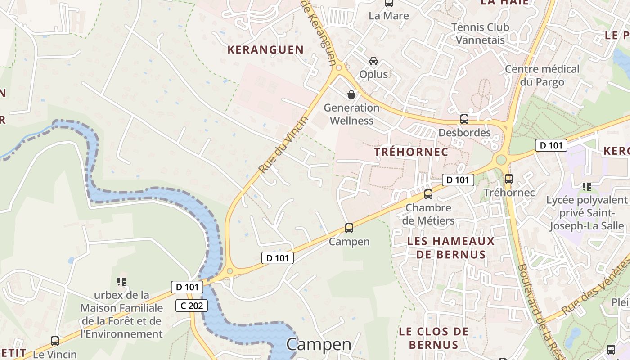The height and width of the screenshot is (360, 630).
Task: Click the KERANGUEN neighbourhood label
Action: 265,50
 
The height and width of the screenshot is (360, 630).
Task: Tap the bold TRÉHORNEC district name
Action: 411,152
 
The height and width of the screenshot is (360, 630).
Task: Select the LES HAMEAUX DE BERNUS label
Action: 450,247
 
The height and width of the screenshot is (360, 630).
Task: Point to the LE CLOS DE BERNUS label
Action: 434,338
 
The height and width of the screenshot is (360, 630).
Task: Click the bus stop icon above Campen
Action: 349,228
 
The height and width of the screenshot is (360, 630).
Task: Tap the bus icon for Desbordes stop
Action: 464,119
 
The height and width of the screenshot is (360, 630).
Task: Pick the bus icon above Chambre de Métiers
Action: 428,194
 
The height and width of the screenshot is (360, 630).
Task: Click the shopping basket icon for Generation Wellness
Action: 351,94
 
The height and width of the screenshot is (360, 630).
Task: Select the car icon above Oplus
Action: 373,61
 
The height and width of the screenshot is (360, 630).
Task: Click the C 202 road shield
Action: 192,306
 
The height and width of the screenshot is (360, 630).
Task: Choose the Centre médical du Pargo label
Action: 542,76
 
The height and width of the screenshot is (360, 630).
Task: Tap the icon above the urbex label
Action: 121,282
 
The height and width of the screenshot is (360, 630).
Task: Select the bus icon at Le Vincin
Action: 55,341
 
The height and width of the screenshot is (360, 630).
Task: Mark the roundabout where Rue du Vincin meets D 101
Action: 230,271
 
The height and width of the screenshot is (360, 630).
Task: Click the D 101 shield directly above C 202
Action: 187,287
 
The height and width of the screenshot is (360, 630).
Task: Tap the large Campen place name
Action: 319,344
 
